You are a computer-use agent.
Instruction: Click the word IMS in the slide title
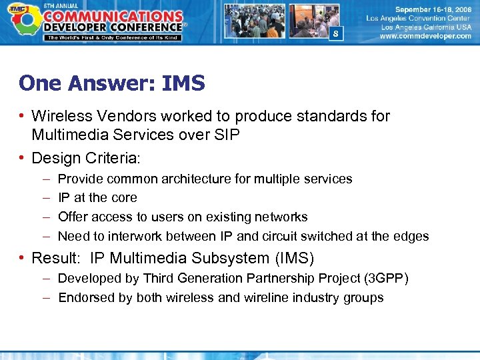[x=180, y=83]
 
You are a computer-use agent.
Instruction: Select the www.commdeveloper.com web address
[x=425, y=37]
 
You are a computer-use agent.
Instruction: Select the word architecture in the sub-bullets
[x=211, y=179]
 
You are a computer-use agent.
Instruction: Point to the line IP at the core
[x=97, y=197]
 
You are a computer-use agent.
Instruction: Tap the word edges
[x=412, y=236]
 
